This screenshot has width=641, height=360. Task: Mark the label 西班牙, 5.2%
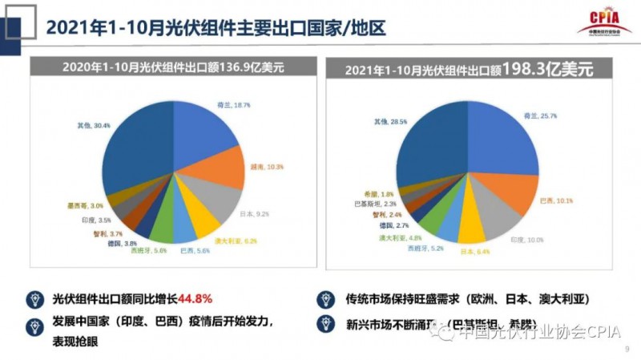coord(425,249)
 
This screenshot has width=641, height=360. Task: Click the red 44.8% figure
coord(195,299)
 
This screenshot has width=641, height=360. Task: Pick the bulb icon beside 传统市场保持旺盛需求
coord(325,299)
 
